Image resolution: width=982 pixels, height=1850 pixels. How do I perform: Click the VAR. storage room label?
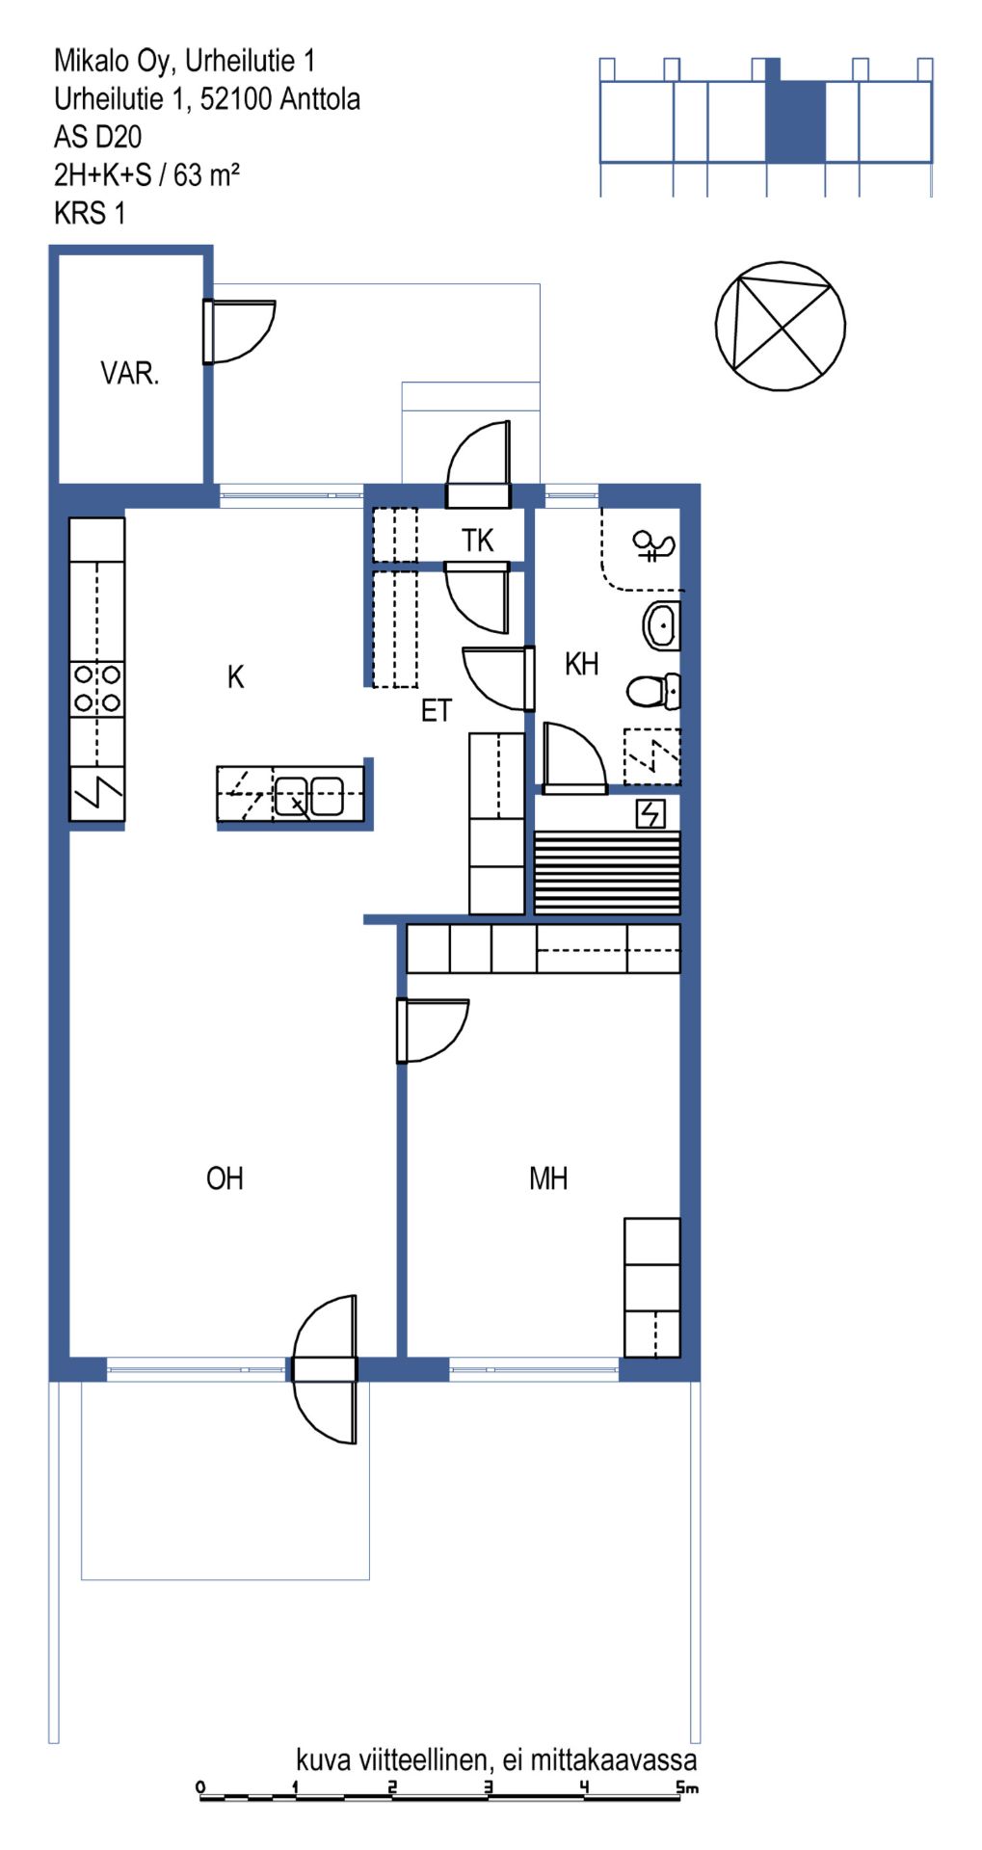[129, 373]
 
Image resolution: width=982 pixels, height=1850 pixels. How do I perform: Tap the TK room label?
[477, 541]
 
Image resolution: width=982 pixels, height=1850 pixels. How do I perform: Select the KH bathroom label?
[581, 664]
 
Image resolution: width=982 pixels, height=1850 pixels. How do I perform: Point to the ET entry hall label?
[436, 711]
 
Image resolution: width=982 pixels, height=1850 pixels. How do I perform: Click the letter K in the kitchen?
[235, 677]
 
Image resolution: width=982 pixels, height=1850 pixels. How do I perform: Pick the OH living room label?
[225, 1178]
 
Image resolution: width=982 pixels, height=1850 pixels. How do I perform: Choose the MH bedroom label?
[548, 1178]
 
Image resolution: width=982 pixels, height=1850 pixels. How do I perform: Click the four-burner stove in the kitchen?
[97, 689]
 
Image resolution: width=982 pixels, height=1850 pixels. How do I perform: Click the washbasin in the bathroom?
[661, 625]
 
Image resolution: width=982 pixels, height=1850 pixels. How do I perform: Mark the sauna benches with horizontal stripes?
[607, 872]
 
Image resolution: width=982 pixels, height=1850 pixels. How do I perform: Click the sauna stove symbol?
[650, 814]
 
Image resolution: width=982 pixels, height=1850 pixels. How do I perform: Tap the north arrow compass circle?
[781, 326]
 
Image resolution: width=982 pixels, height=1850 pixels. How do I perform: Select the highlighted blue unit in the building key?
[796, 120]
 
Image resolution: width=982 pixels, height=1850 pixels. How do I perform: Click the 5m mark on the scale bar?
[687, 1788]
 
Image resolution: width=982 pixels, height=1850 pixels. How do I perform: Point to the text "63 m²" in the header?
[206, 174]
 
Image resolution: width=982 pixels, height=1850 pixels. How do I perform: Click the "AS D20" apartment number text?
[97, 137]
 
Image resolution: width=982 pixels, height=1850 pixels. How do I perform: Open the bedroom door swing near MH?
[433, 1031]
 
